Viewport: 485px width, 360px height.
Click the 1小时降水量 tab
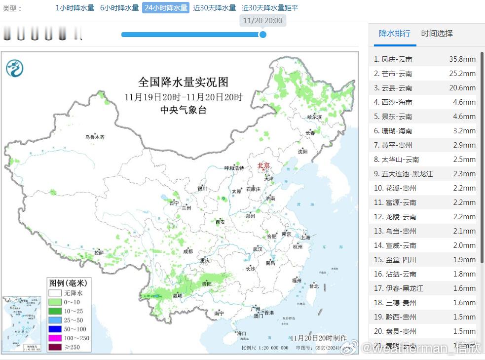coord(75,8)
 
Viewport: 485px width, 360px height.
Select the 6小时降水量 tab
coord(119,8)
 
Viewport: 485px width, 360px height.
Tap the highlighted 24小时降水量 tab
coord(166,8)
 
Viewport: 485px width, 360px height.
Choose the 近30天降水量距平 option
coord(270,8)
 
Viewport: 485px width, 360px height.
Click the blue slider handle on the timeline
coord(263,35)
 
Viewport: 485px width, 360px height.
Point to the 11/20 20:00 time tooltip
coord(263,21)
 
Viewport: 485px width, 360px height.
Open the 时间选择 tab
coord(437,34)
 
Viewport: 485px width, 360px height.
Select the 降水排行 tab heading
coord(394,34)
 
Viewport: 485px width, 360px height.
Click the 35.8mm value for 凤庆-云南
coord(462,59)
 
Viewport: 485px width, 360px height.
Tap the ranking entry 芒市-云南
coord(397,74)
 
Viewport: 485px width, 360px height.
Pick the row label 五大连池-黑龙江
coord(407,174)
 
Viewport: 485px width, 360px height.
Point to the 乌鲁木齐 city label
coord(94,137)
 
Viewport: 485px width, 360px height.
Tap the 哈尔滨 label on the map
coord(314,117)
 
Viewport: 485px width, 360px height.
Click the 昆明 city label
coord(177,296)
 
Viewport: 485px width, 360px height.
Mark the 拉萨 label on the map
coord(99,253)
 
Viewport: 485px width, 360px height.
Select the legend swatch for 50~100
coord(55,329)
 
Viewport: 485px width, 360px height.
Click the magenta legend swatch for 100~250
coord(55,338)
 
